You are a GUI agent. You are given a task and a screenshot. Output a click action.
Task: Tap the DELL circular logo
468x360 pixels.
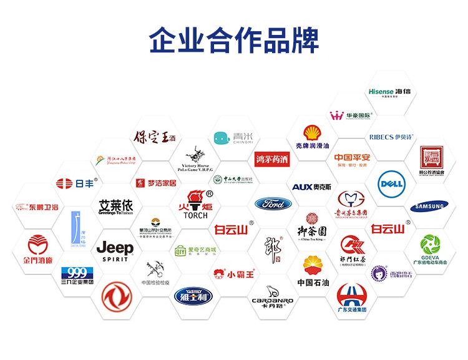pyautogui.click(x=391, y=183)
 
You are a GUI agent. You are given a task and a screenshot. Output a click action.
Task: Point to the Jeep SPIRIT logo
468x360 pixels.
pyautogui.click(x=115, y=251)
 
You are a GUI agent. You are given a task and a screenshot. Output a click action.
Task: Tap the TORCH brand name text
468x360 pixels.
pyautogui.click(x=200, y=215)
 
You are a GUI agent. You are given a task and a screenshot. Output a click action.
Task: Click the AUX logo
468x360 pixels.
pyautogui.click(x=311, y=187)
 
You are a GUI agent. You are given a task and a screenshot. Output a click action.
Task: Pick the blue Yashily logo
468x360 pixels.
pyautogui.click(x=193, y=294)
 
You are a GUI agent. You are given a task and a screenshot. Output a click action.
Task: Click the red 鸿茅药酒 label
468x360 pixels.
pyautogui.click(x=272, y=159)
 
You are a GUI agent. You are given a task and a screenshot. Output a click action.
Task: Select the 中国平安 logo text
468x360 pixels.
pyautogui.click(x=352, y=157)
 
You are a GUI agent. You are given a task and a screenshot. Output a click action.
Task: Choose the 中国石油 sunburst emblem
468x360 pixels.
pyautogui.click(x=313, y=266)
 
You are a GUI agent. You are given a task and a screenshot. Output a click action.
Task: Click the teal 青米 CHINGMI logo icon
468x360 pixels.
pyautogui.click(x=220, y=137)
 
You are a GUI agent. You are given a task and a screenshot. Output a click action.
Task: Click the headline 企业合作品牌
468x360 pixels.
pyautogui.click(x=234, y=38)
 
